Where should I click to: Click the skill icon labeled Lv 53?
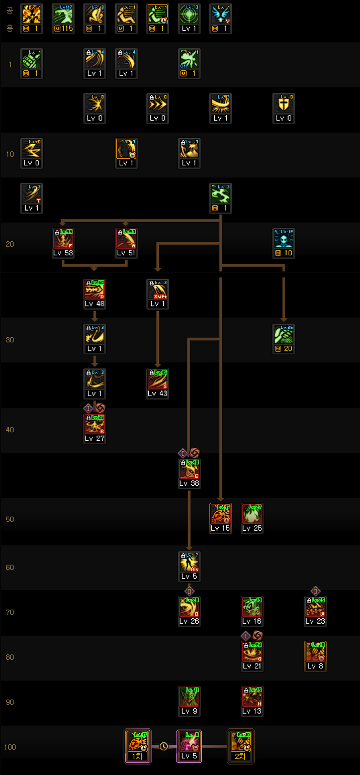pos(63,239)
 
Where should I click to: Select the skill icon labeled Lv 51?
pos(126,239)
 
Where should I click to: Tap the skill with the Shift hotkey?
pos(157,289)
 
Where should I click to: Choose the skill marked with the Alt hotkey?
pos(189,562)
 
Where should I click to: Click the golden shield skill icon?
pos(284,104)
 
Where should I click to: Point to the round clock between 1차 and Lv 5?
pos(163,746)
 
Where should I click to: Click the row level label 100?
pos(10,747)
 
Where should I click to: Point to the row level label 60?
pos(10,567)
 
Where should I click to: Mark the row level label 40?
pos(10,430)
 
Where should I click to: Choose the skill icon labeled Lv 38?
pos(189,468)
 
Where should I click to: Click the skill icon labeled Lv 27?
pos(95,424)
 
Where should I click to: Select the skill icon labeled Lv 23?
pos(315,607)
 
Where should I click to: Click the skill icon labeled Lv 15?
pos(220,514)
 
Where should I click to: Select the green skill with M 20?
pos(284,334)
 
